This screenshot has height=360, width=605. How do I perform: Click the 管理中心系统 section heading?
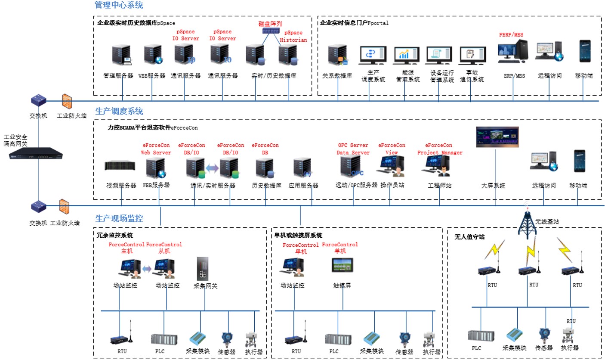point(119,5)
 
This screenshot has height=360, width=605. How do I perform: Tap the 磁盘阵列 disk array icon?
point(270,31)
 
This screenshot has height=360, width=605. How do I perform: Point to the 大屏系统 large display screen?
point(497,137)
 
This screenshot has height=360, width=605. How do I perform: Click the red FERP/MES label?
point(511,34)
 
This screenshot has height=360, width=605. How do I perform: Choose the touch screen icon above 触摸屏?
point(343,266)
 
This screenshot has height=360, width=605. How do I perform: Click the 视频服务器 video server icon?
point(120,166)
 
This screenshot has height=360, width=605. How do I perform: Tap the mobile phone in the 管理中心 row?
point(584,51)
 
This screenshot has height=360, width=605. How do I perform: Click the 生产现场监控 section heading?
point(119,218)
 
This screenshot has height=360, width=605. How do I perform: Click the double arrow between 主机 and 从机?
point(147,269)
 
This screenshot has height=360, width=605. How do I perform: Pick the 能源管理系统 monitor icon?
point(404,55)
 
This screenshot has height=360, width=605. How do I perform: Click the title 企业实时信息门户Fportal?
point(354,23)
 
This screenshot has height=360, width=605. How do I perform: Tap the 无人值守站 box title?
point(470,237)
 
